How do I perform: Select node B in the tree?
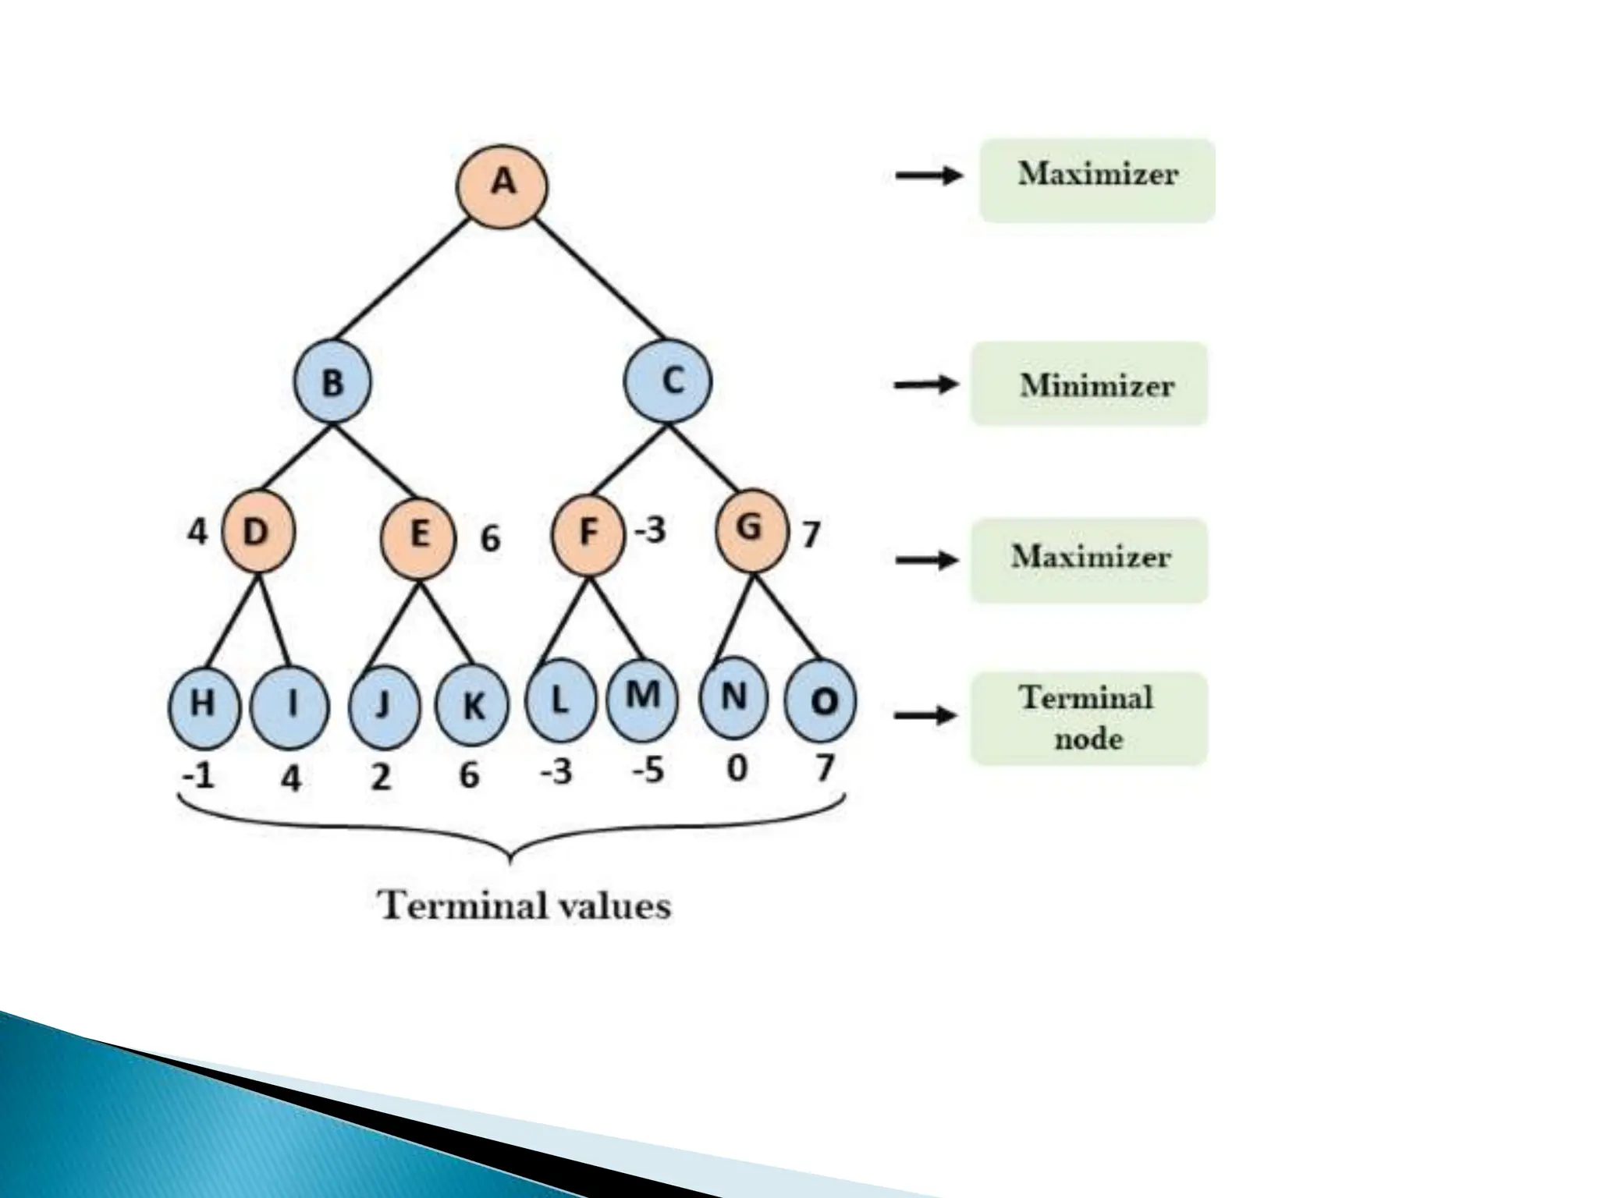tap(332, 382)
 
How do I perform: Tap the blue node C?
tap(668, 381)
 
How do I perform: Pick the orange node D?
tap(258, 533)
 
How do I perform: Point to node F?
tap(588, 533)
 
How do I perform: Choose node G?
tap(751, 529)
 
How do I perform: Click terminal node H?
tap(204, 705)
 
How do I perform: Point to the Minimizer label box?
tap(1088, 384)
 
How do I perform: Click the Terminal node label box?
tap(1088, 718)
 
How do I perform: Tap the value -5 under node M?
tap(648, 771)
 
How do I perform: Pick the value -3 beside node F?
tap(650, 530)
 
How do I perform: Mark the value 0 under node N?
tap(737, 769)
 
